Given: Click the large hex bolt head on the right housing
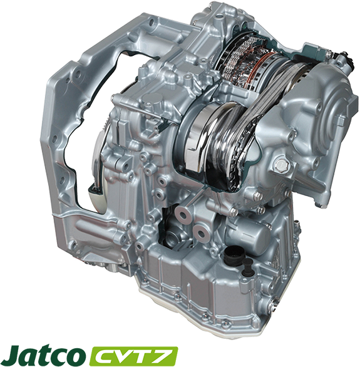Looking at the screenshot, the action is pyautogui.click(x=281, y=165).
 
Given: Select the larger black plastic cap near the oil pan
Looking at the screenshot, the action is pyautogui.click(x=232, y=256).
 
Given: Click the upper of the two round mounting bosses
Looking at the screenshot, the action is pyautogui.click(x=182, y=214).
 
